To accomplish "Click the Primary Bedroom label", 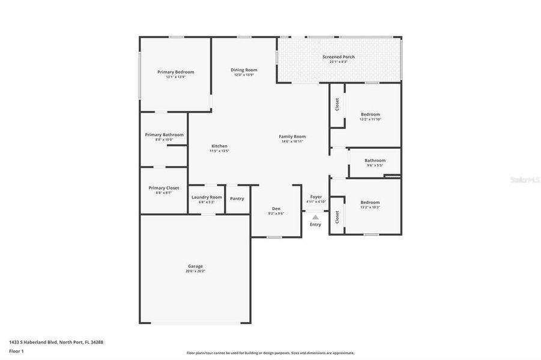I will (175, 72).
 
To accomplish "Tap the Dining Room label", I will (244, 70).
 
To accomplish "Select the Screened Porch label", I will (338, 57).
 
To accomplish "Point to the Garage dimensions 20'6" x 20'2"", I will (195, 271).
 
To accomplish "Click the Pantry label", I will (237, 198).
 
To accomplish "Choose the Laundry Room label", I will (207, 197).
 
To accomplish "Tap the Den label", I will (276, 208).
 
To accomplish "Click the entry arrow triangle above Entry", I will (315, 217).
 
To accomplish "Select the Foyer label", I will (315, 197).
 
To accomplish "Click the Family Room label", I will (292, 137).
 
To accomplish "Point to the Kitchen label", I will (219, 146).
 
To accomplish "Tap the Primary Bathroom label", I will (164, 135).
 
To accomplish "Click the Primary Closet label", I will (163, 188).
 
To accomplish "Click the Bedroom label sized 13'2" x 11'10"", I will (370, 114).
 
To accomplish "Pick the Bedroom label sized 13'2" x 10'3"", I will (370, 202).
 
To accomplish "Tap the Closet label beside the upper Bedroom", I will (337, 104).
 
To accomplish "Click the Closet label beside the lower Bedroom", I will (337, 217).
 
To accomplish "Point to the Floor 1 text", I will (16, 350).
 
